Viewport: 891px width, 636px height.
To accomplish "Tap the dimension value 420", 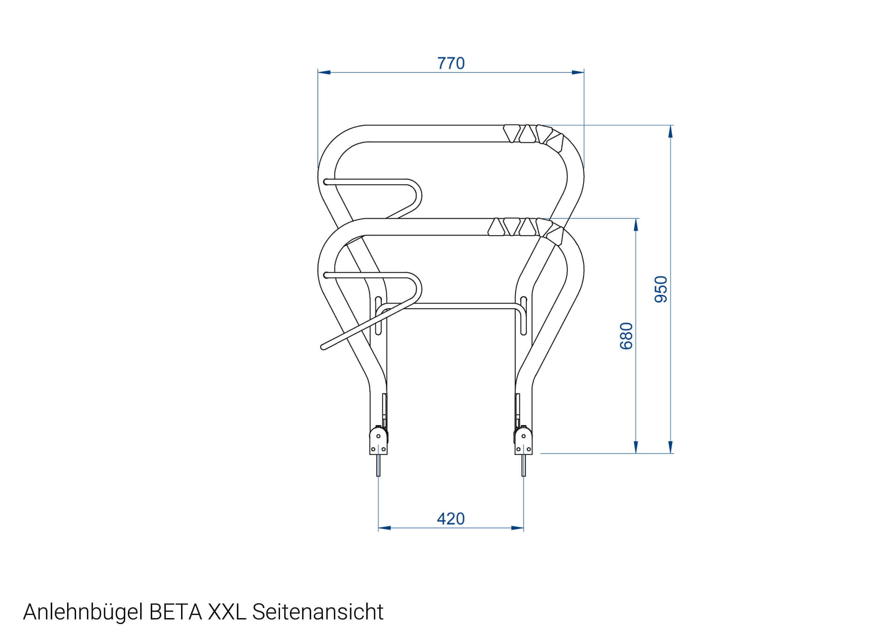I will coord(451,519).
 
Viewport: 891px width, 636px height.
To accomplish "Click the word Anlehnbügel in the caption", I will coord(83,612).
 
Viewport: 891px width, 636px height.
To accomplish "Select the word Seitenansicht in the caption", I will coord(317,612).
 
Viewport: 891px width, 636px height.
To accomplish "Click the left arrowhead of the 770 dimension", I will coord(324,73).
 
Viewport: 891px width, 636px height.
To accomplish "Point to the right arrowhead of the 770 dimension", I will coord(578,73).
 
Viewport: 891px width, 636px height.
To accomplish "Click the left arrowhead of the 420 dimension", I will coord(384,528).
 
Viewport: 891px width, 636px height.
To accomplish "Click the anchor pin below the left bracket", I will coord(378,466).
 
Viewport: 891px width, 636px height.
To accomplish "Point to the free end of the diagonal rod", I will coord(323,347).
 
